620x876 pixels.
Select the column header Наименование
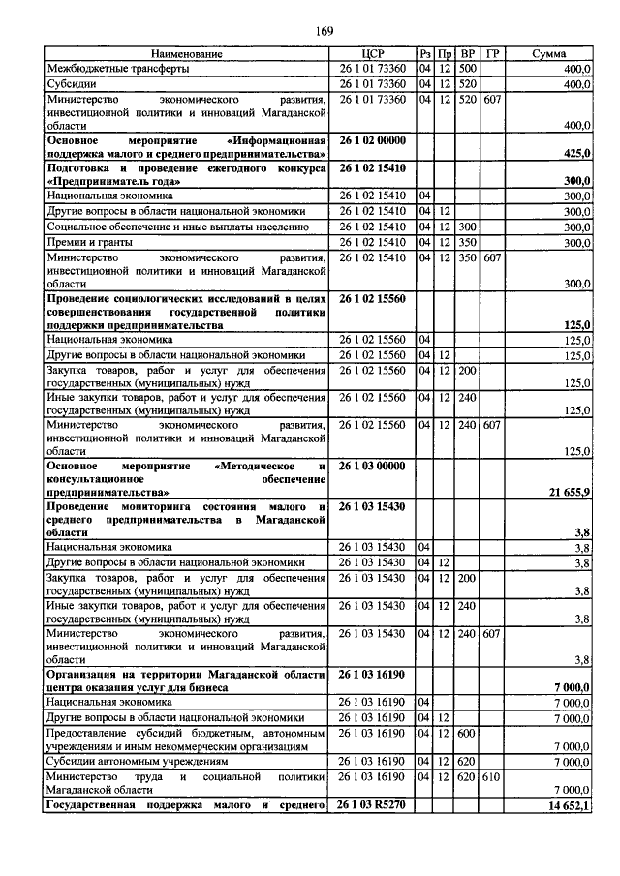point(187,54)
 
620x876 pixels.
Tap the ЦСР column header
point(373,54)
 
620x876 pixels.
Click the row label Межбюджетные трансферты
point(110,69)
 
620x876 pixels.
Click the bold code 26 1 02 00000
point(373,140)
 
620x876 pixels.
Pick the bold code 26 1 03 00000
point(373,466)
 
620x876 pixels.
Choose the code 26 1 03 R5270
point(373,805)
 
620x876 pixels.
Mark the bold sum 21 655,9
point(570,492)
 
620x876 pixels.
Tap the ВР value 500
point(468,69)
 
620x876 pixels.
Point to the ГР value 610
point(492,776)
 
